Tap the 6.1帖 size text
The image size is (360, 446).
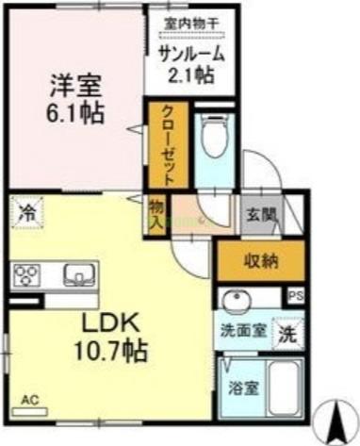(74, 113)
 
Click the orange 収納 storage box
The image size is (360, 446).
(261, 260)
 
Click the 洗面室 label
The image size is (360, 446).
(240, 332)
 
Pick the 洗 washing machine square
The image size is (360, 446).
(286, 333)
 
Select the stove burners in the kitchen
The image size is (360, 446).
(26, 275)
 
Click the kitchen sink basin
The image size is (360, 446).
(76, 275)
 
